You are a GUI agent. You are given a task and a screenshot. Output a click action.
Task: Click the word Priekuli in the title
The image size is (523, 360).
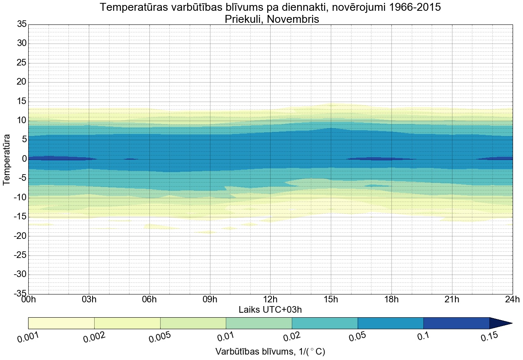tap(246, 19)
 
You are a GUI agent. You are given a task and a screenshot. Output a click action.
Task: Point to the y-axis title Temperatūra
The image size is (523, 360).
tap(7, 159)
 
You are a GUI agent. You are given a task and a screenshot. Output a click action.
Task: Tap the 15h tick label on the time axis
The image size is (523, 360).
tap(331, 300)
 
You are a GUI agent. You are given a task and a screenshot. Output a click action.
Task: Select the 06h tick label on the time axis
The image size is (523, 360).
tap(149, 300)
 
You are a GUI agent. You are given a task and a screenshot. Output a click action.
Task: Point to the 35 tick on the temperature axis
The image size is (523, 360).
tap(22, 24)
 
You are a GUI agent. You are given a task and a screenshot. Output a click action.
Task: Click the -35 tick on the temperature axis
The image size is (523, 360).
tap(20, 294)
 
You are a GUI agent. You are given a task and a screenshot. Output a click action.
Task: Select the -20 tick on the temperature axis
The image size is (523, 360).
tap(20, 236)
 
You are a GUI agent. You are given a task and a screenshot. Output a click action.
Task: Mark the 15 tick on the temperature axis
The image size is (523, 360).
tap(22, 102)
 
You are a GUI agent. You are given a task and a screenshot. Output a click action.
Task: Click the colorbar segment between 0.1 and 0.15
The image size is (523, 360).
tap(456, 323)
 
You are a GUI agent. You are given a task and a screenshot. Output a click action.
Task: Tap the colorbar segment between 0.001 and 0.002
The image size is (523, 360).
tap(61, 323)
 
